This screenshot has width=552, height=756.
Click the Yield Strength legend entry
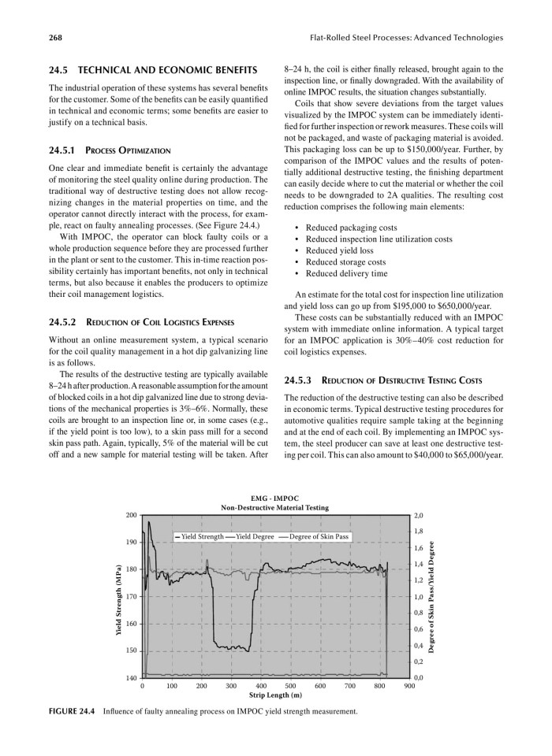point(201,535)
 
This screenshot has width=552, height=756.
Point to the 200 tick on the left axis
point(132,515)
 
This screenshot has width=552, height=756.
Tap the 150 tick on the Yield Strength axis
point(132,650)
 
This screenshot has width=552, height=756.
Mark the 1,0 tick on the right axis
point(420,596)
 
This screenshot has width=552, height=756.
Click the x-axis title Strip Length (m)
point(275,696)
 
